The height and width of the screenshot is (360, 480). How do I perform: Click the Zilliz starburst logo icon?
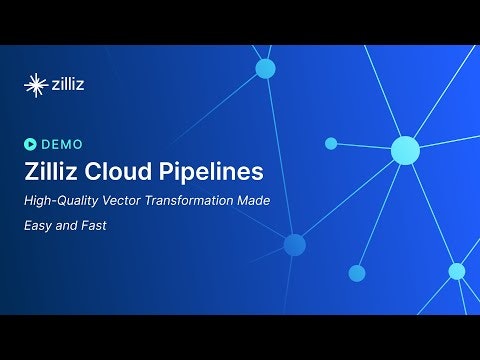pyautogui.click(x=36, y=84)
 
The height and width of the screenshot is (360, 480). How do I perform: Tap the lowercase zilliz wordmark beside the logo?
pyautogui.click(x=68, y=84)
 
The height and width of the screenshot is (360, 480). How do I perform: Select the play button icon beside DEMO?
pyautogui.click(x=30, y=143)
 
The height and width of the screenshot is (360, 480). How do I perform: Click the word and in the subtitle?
pyautogui.click(x=71, y=226)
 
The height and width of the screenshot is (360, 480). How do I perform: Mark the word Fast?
pyautogui.click(x=96, y=226)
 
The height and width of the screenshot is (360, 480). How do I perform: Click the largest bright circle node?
pyautogui.click(x=405, y=150)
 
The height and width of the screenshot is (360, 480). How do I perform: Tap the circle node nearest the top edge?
pyautogui.click(x=265, y=68)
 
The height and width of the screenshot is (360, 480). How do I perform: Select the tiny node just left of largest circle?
pyautogui.click(x=331, y=144)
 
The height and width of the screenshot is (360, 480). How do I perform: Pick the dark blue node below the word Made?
pyautogui.click(x=294, y=245)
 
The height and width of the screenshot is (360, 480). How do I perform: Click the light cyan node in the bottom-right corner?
pyautogui.click(x=457, y=271)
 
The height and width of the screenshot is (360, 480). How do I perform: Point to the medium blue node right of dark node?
pyautogui.click(x=357, y=273)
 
